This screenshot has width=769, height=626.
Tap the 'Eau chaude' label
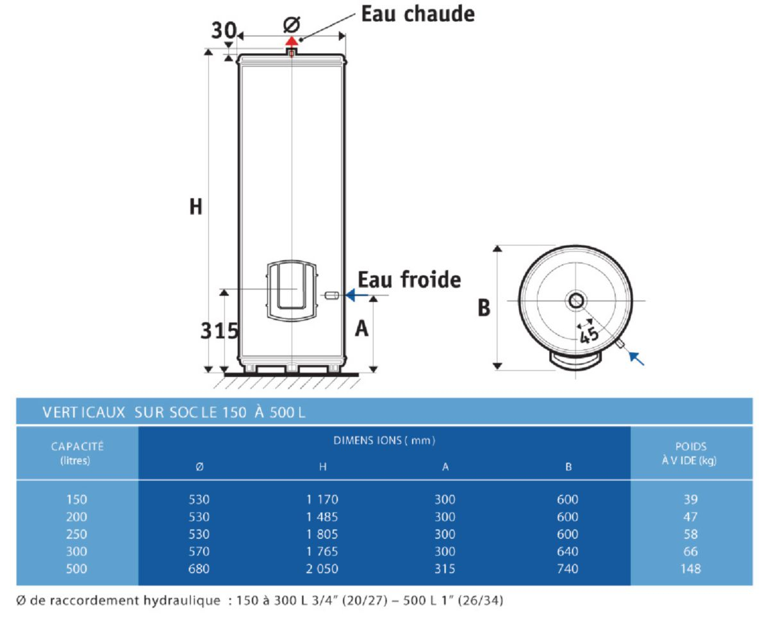(x=418, y=13)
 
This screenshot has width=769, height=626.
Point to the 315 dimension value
(x=219, y=330)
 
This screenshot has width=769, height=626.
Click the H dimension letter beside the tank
(x=195, y=207)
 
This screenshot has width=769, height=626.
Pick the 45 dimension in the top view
(x=589, y=335)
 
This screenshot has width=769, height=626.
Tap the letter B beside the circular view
(x=484, y=308)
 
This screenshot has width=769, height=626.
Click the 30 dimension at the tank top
(x=223, y=30)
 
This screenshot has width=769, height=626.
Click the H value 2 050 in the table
(x=322, y=568)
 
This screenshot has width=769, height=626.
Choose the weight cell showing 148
(x=691, y=568)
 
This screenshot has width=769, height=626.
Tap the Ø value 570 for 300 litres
(x=199, y=551)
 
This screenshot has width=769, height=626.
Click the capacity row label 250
(x=77, y=534)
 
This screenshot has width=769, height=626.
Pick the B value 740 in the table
(x=567, y=568)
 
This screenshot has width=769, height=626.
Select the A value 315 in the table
(x=444, y=568)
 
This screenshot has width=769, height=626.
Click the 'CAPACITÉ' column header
(x=77, y=446)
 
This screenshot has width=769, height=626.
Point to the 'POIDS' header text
(x=691, y=447)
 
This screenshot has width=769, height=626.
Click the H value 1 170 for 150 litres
(x=322, y=499)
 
